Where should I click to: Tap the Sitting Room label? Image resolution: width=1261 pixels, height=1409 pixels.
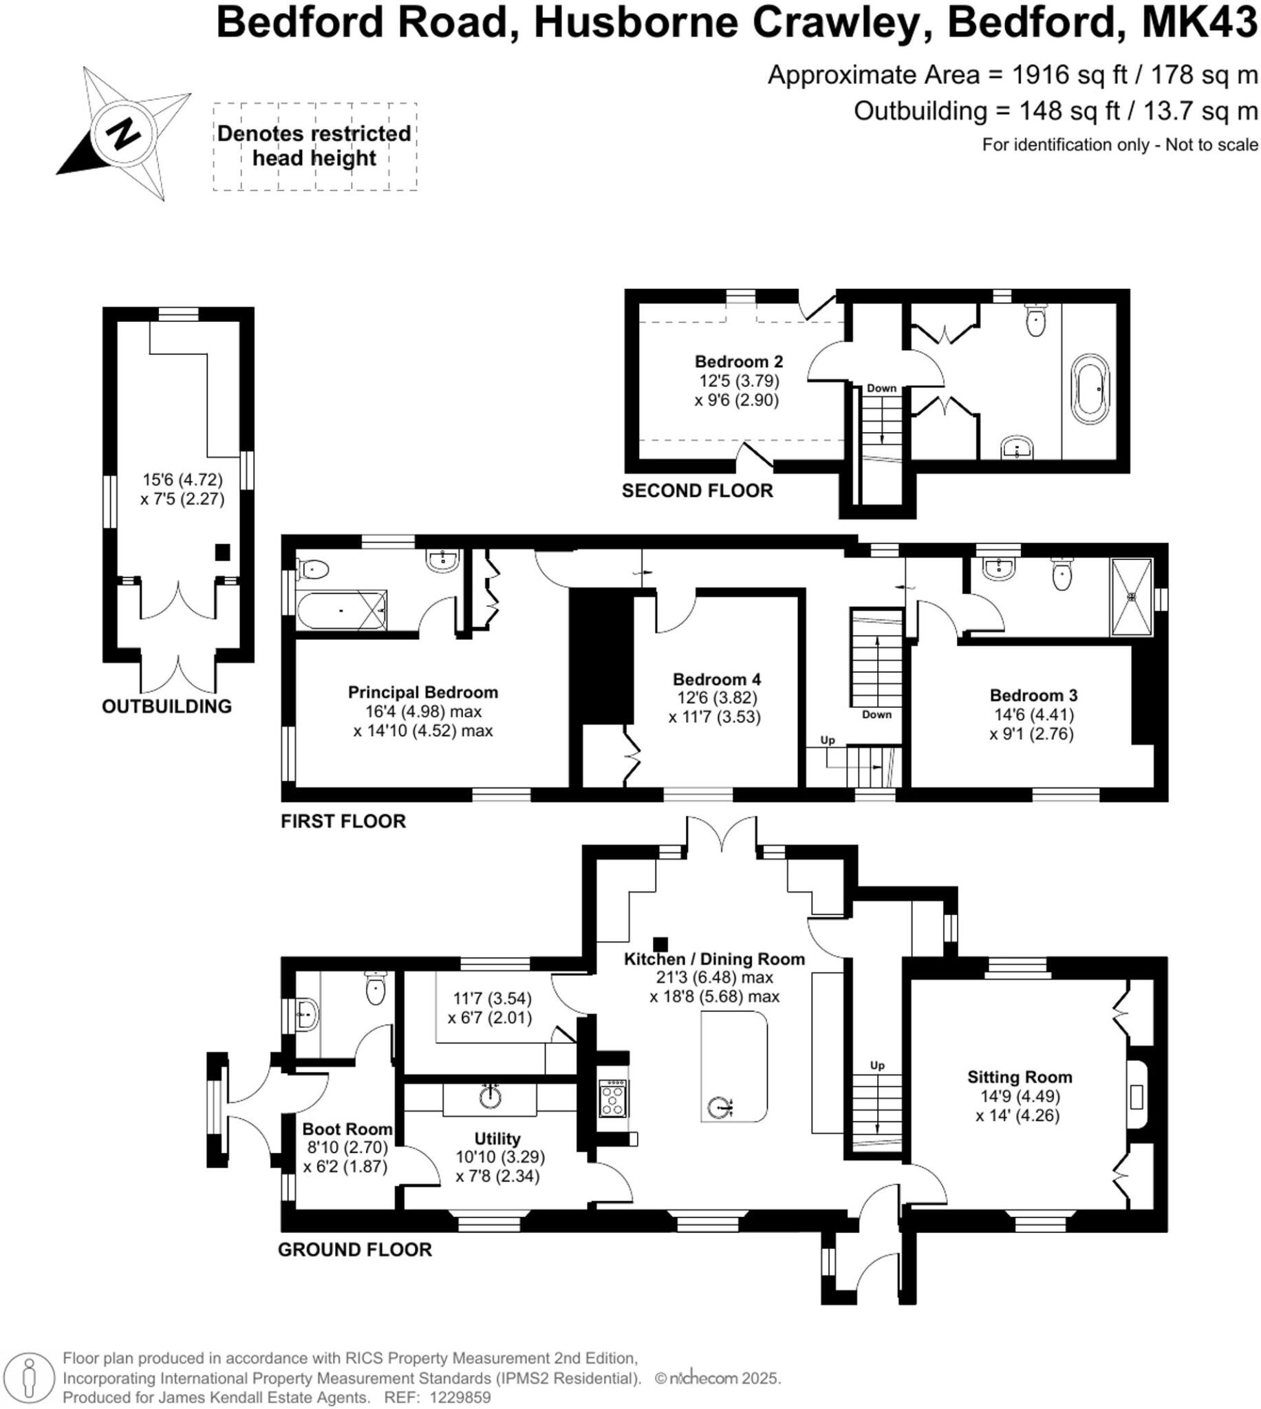[x=1020, y=1077]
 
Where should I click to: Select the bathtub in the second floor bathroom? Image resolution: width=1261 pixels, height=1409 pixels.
[x=1091, y=388]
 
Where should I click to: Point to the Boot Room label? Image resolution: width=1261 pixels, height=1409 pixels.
[x=347, y=1129]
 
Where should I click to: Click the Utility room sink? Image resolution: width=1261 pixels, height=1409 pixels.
[x=491, y=1097]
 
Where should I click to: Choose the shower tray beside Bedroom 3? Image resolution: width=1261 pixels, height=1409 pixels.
[x=1132, y=596]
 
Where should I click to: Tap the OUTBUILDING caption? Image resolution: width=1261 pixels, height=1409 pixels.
[x=166, y=707]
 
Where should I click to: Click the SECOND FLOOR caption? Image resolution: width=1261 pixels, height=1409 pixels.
[x=697, y=491]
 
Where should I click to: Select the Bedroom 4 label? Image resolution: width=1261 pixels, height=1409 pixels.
[x=716, y=679]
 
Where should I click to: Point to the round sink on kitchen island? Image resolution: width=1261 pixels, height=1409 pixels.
[x=720, y=1108]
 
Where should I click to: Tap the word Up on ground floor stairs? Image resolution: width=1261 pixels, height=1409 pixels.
[x=877, y=1066]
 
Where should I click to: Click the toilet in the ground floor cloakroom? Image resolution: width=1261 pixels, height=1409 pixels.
[x=375, y=989]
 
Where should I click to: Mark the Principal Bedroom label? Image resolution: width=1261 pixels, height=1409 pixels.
[x=422, y=692]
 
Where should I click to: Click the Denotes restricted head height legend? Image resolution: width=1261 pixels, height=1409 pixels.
[x=314, y=145]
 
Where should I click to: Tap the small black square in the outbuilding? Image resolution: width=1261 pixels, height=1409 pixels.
[x=222, y=552]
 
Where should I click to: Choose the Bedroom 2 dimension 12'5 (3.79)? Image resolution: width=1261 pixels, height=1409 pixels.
[x=740, y=380]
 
